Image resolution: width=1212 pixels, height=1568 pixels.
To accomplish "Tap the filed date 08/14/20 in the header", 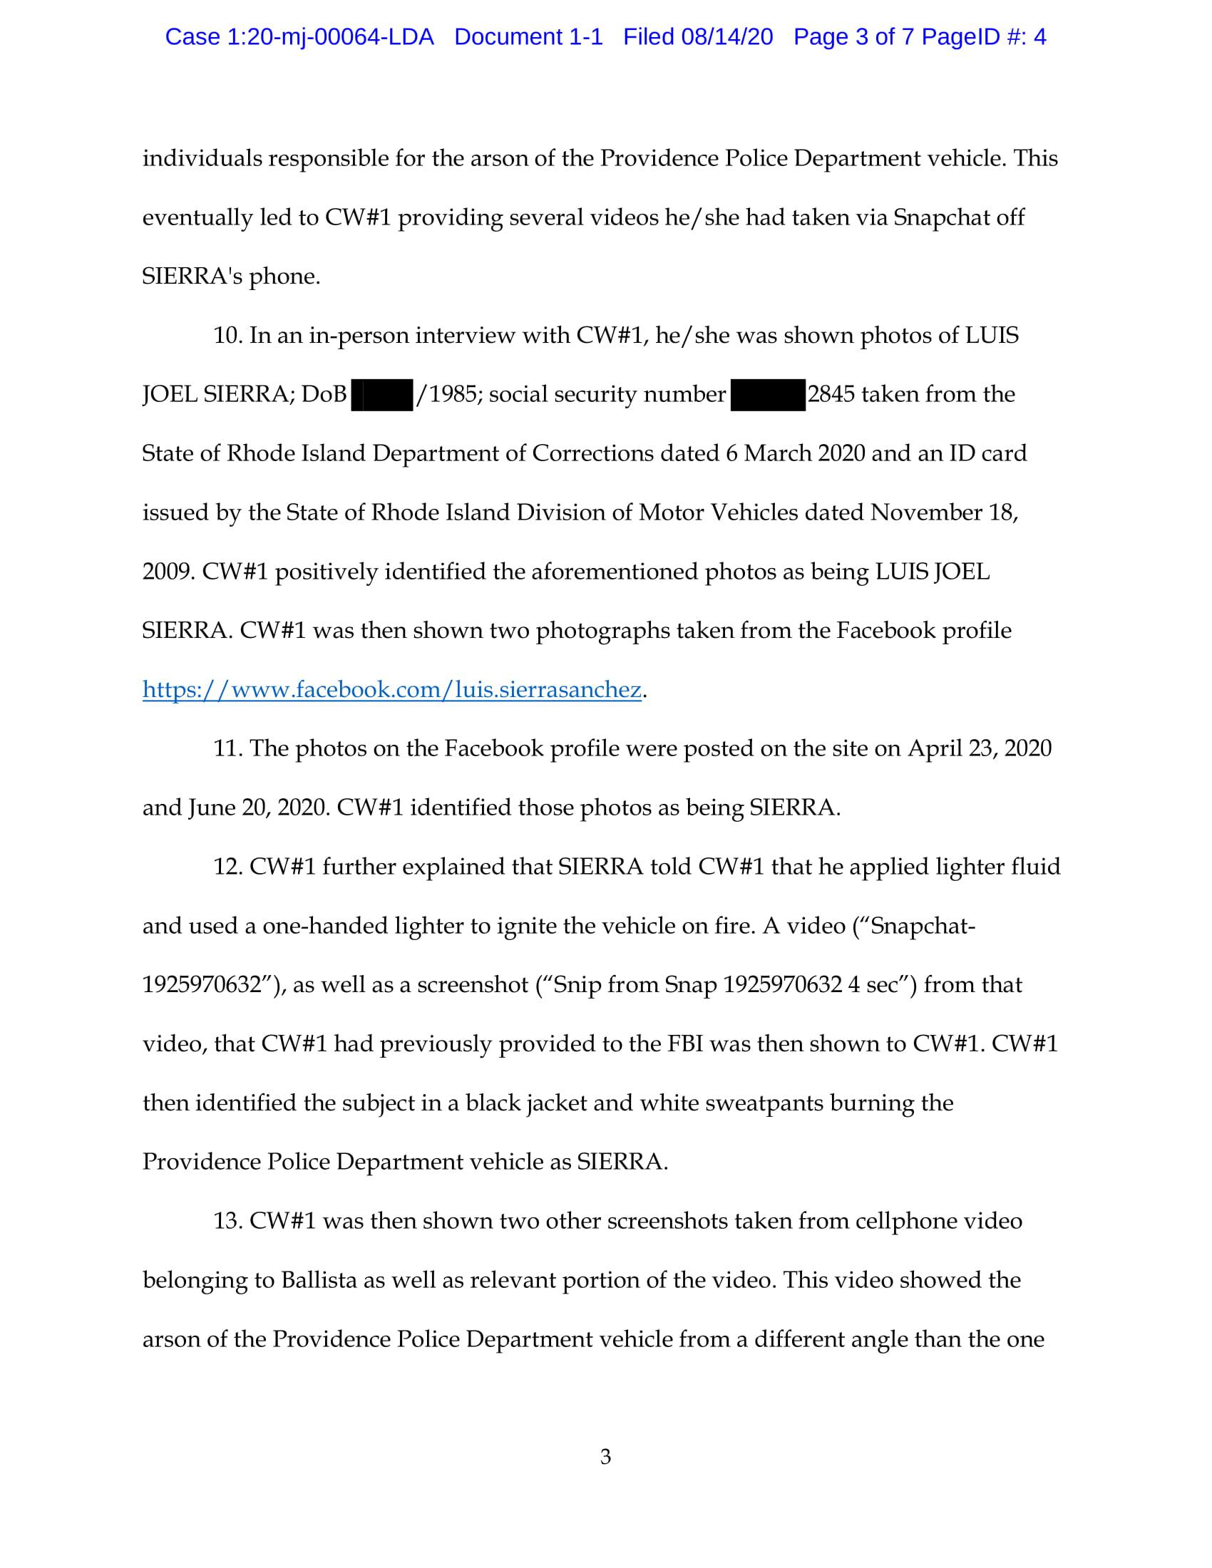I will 726,36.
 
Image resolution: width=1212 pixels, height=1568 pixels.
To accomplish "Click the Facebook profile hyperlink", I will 391,690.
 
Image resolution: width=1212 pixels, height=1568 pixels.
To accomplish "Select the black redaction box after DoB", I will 382,395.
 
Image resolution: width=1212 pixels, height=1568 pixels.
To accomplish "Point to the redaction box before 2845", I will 768,395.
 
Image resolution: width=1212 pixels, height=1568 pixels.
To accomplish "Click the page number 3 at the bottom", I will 605,1457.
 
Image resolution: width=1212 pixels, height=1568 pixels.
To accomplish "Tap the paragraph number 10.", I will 227,336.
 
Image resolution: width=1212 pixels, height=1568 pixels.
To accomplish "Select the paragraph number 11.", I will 227,749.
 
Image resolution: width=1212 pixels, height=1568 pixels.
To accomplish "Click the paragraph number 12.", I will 227,867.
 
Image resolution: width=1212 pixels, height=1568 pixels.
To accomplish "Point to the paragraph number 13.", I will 227,1221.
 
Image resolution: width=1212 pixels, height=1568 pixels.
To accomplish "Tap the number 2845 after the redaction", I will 831,395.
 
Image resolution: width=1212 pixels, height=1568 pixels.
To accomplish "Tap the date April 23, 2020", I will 980,749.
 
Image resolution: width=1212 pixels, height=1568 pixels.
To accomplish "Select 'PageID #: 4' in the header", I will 984,36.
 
